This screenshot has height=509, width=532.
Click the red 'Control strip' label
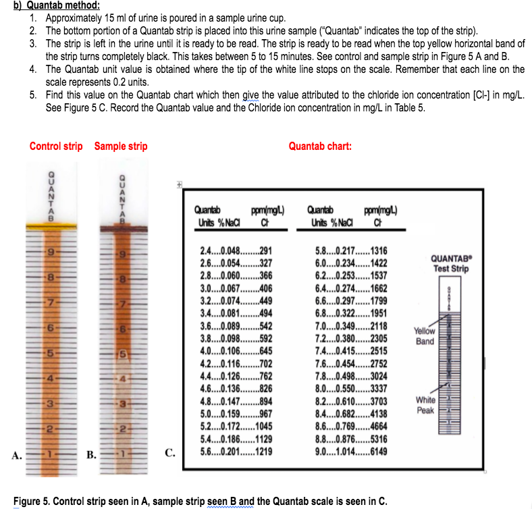tap(56, 146)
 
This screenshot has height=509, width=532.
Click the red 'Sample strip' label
tap(121, 146)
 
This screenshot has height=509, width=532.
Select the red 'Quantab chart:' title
tap(320, 146)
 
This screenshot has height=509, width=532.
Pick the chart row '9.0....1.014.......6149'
tap(346, 452)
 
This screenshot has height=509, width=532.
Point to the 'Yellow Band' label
tap(425, 336)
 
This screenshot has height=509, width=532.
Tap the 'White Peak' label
tap(425, 404)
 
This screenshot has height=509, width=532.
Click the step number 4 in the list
tap(33, 70)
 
